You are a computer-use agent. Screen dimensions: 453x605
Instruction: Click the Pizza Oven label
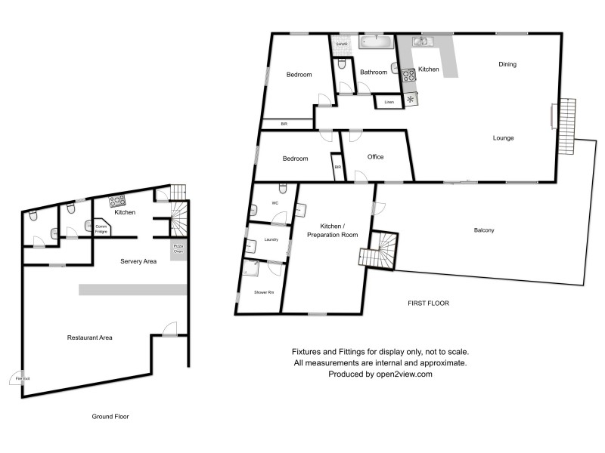(178, 248)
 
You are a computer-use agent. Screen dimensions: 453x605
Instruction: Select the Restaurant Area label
(90, 337)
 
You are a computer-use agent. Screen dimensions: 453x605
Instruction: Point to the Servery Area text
(138, 261)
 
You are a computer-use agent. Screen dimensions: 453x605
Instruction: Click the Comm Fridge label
(101, 228)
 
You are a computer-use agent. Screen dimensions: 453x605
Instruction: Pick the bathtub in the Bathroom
(374, 42)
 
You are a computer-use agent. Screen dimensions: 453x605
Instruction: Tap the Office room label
(376, 157)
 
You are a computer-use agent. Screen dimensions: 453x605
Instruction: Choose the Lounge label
(504, 138)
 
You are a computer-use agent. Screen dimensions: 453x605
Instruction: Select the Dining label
(507, 64)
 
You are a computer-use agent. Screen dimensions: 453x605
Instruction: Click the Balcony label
(484, 230)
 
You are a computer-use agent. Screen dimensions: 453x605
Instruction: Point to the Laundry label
(271, 240)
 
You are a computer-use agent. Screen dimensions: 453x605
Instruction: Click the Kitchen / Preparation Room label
(333, 231)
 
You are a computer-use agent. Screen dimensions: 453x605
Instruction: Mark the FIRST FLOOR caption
(428, 303)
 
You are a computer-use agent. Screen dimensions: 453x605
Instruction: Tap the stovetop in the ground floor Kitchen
(118, 201)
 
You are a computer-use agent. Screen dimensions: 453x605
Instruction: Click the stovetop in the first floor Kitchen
(409, 74)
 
